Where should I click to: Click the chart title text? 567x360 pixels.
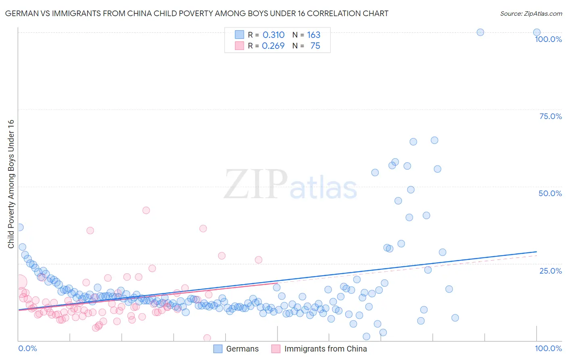click(197, 13)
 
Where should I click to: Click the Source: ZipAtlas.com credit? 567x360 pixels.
click(531, 13)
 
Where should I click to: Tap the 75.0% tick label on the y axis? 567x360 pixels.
click(550, 116)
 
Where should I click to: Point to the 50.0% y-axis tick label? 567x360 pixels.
click(550, 193)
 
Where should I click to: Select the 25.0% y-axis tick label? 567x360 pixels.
click(550, 271)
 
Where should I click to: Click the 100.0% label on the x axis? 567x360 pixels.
click(548, 348)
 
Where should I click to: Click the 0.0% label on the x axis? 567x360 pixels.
click(27, 348)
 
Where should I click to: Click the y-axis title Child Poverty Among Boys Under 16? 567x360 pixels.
click(11, 184)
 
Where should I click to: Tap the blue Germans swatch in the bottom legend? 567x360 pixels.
click(218, 349)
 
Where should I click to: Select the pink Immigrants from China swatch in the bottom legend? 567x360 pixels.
click(276, 349)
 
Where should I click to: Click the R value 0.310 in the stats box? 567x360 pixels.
click(273, 35)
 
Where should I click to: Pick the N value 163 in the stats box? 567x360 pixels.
click(314, 35)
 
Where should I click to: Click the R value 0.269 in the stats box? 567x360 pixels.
click(273, 46)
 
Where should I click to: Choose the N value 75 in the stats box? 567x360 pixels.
click(315, 46)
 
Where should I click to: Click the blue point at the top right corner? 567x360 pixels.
click(537, 32)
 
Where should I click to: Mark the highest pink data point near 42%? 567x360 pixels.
click(146, 210)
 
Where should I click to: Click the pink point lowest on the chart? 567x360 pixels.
click(207, 338)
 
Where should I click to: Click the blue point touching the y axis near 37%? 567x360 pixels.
click(19, 227)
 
